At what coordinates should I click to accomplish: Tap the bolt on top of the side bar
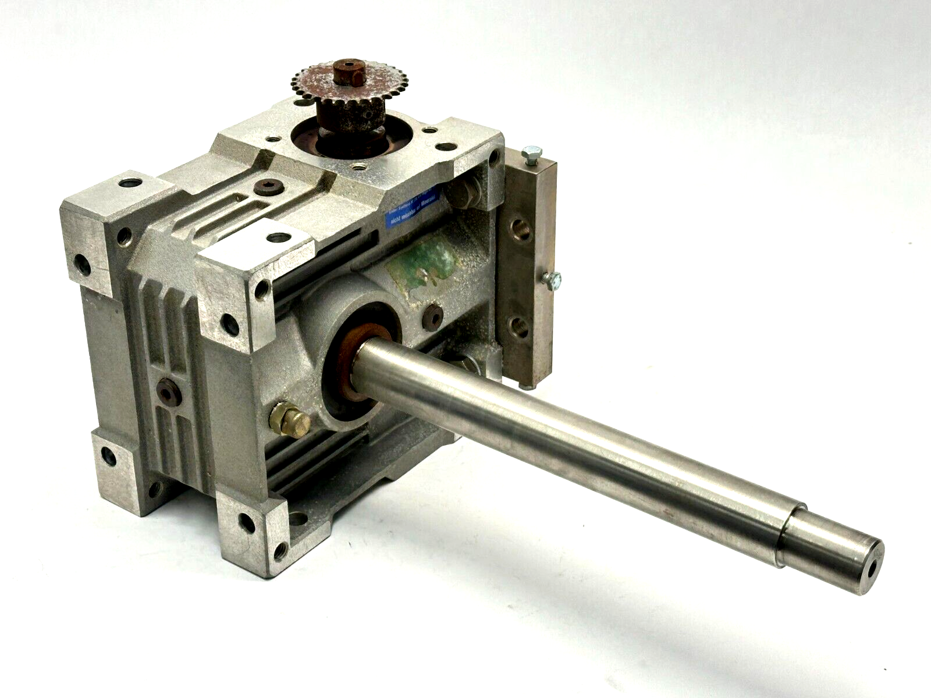pos(531,154)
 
